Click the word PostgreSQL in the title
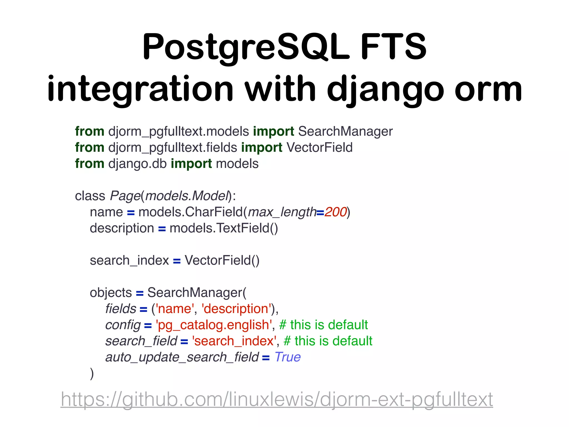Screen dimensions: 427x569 coord(246,47)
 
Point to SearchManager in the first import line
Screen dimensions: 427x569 coord(345,131)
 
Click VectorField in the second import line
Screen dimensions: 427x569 coord(319,147)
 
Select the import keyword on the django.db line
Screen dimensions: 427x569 coord(191,164)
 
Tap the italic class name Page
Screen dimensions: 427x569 coord(125,196)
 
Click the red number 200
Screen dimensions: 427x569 coord(335,212)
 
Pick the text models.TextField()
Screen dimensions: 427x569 coord(224,228)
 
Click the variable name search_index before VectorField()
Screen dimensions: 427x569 coord(129,260)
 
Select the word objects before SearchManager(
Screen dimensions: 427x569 coord(111,293)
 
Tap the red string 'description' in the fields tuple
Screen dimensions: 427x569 coord(236,309)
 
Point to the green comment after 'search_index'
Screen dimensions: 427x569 coord(328,341)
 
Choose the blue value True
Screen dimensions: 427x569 coord(288,357)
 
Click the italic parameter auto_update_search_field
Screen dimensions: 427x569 coord(182,357)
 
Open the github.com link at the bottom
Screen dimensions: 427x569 coord(277,399)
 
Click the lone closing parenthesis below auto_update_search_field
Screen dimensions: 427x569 coord(92,373)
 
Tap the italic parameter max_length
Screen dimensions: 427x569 coord(282,212)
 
